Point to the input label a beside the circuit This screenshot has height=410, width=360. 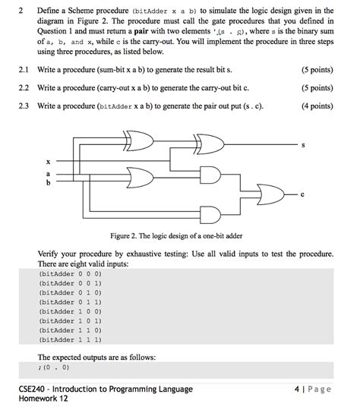pyautogui.click(x=48, y=175)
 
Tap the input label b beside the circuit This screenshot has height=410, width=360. pyautogui.click(x=48, y=183)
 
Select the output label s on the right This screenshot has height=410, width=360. pyautogui.click(x=304, y=145)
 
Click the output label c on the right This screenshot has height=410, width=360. pyautogui.click(x=302, y=194)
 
